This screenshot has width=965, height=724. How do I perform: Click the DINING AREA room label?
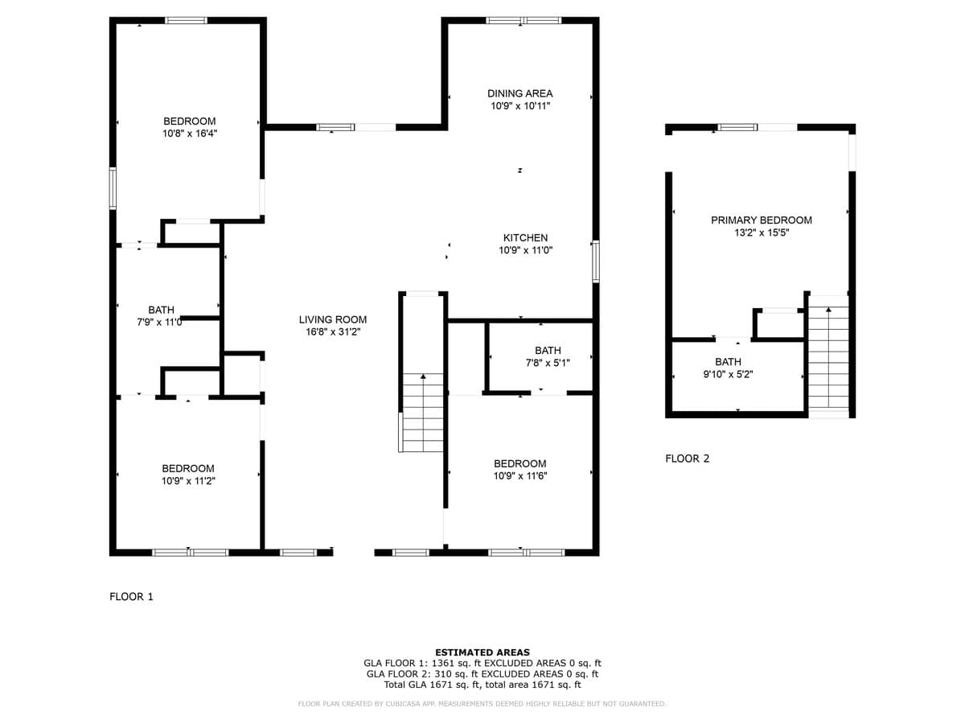click(x=519, y=93)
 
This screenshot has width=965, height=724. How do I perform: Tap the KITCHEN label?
click(x=525, y=238)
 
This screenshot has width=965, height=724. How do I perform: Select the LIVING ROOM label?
click(x=333, y=319)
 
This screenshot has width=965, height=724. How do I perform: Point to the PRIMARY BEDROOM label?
click(x=762, y=220)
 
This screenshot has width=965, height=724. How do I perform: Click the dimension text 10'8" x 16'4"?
click(x=190, y=134)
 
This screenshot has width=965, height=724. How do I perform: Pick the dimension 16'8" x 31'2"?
click(x=333, y=332)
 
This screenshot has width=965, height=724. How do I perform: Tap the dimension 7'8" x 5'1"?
click(x=548, y=363)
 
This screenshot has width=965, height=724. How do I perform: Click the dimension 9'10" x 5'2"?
click(x=728, y=375)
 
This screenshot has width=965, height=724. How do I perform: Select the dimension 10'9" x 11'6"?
click(x=520, y=476)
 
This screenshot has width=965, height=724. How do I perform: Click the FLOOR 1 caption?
click(x=131, y=597)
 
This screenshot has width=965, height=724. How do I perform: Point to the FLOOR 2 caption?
click(x=687, y=459)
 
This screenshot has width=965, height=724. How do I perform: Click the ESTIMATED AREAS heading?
click(x=482, y=652)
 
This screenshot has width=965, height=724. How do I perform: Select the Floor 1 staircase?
click(x=423, y=413)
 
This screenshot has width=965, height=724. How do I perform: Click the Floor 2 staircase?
click(x=829, y=357)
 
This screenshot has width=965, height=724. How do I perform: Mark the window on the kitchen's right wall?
click(x=596, y=261)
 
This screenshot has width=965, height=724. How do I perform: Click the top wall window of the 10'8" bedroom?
click(x=186, y=20)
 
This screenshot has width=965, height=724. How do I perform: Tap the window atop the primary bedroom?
click(x=737, y=127)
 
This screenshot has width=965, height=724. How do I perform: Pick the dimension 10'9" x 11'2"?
click(x=188, y=481)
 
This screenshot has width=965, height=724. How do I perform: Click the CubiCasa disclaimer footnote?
click(x=482, y=704)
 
